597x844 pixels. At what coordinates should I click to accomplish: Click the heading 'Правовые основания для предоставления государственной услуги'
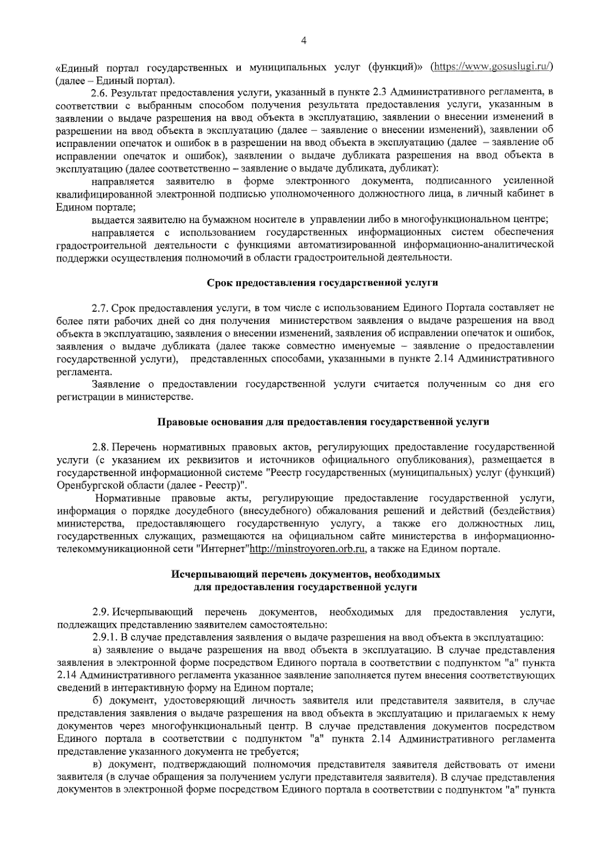point(323,422)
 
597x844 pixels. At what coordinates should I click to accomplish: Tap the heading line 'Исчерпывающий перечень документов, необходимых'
point(306,574)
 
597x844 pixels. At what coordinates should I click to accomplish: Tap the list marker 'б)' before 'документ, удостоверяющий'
point(98,702)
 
